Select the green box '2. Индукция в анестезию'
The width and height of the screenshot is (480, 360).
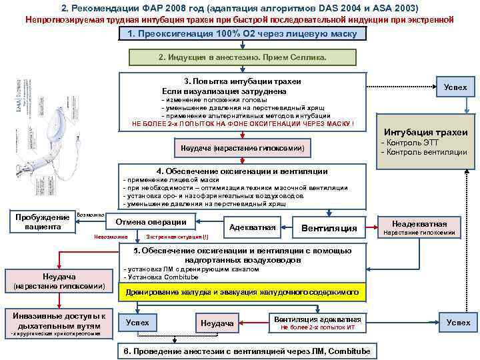point(243,57)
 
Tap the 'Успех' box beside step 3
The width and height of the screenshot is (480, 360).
point(455,87)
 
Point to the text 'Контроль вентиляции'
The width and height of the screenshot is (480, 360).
point(423,153)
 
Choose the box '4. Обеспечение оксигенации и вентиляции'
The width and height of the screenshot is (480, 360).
point(242,171)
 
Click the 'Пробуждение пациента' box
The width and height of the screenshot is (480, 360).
point(41,222)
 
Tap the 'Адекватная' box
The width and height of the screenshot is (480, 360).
point(252,228)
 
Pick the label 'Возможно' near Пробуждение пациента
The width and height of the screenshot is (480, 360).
point(91,215)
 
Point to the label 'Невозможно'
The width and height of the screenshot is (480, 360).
point(111,237)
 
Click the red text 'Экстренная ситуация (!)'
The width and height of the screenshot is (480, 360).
point(176,237)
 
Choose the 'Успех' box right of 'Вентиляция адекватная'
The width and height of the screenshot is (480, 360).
point(458,323)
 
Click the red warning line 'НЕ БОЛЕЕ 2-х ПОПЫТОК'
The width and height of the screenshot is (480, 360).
point(243,124)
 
